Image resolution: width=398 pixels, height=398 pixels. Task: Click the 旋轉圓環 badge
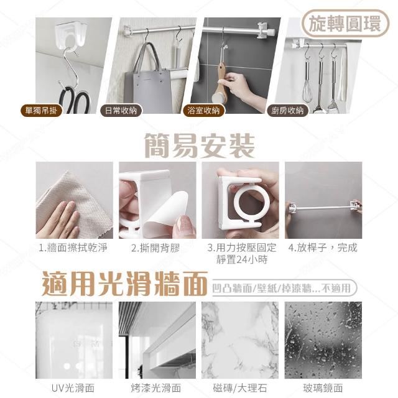pos(345,24)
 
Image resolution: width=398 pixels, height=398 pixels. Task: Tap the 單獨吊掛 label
pos(41,111)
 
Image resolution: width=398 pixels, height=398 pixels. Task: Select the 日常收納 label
pos(121,111)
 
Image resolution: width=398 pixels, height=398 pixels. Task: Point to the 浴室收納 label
pos(204,111)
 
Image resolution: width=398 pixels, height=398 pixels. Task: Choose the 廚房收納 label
pos(287,111)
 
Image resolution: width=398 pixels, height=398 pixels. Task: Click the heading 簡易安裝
pos(199,146)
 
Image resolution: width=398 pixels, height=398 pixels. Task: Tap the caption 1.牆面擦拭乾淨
pos(73,248)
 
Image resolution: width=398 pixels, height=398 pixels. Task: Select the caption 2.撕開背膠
pos(155,248)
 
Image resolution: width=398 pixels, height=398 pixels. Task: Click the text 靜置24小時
pos(242,259)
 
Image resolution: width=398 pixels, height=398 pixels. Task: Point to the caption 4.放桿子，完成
pos(323,248)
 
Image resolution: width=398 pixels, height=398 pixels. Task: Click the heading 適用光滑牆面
pos(124,284)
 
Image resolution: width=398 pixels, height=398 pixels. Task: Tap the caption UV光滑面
pos(73,388)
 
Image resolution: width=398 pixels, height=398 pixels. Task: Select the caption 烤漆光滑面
pos(156,388)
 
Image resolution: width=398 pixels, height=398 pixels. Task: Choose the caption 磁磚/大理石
pos(240,388)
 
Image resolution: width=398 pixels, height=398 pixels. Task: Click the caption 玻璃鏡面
pos(323,388)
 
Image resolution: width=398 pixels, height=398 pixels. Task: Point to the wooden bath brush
pos(220,84)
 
